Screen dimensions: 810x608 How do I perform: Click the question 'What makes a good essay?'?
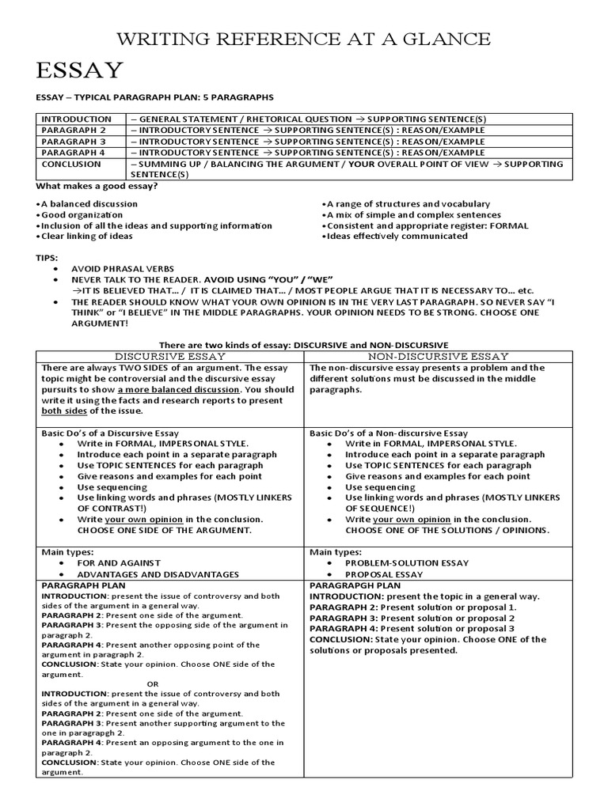97,185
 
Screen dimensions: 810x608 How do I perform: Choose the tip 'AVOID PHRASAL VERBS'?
123,269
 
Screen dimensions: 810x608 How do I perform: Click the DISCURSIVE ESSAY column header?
171,356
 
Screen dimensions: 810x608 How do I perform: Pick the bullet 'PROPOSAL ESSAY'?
384,574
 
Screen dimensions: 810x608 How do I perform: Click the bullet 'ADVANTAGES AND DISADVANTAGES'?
158,574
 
